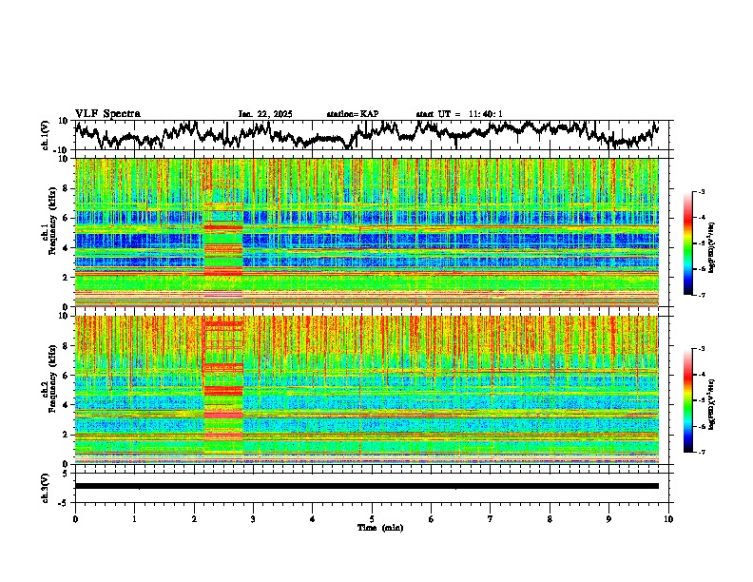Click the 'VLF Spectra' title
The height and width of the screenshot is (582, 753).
pyautogui.click(x=107, y=113)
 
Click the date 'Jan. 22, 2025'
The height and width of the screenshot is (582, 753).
pyautogui.click(x=265, y=114)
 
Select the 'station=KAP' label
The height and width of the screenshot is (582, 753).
pyautogui.click(x=352, y=114)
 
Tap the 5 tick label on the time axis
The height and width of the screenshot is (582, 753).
pyautogui.click(x=372, y=518)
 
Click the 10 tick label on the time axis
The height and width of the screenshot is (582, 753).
pyautogui.click(x=668, y=518)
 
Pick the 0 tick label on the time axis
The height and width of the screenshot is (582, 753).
pyautogui.click(x=75, y=518)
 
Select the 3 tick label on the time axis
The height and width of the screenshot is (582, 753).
pyautogui.click(x=253, y=518)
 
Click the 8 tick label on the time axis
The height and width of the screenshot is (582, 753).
pyautogui.click(x=550, y=518)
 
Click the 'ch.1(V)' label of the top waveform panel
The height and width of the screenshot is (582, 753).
pyautogui.click(x=46, y=135)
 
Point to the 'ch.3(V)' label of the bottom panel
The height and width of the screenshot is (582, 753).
pyautogui.click(x=46, y=486)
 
